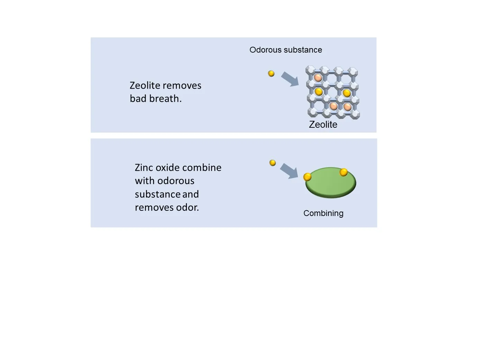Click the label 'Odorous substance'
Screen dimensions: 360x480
point(286,50)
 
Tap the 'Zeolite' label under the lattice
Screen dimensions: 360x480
point(323,125)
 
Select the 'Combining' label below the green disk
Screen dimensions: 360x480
point(323,213)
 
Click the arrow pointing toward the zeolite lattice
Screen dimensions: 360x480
point(290,79)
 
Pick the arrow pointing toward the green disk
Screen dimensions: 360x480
point(289,171)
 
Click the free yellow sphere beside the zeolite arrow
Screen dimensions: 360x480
point(271,73)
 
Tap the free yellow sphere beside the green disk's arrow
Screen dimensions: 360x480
point(273,163)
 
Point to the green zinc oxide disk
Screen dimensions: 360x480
point(330,183)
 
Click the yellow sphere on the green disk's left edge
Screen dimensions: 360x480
point(307,177)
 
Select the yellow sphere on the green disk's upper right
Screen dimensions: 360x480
point(344,172)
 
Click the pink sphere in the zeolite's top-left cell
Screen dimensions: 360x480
point(318,78)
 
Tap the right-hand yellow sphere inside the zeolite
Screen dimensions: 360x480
point(347,93)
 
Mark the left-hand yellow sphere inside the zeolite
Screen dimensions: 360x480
point(319,92)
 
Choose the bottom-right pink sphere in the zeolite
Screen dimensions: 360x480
point(347,107)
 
